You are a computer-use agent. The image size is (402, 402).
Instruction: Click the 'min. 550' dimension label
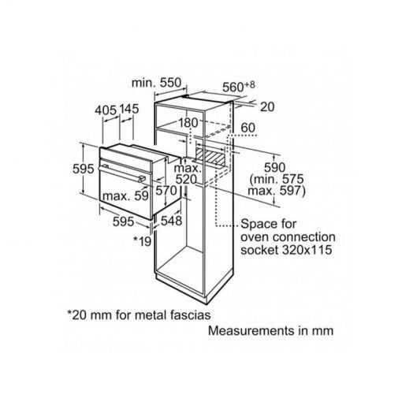click(x=156, y=83)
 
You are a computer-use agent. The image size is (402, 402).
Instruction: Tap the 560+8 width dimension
click(x=239, y=87)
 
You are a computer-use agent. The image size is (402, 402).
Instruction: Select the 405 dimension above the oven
click(x=106, y=110)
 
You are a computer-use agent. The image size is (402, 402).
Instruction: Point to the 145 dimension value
click(x=129, y=109)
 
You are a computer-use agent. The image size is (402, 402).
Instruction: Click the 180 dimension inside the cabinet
click(x=188, y=123)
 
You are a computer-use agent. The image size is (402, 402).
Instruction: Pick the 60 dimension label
click(x=248, y=128)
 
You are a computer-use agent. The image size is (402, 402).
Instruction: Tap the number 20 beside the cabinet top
click(x=267, y=106)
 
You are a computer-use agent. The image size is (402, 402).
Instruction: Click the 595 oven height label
click(x=83, y=169)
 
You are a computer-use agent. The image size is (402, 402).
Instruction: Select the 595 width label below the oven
click(x=123, y=221)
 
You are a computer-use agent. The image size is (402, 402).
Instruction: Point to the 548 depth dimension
click(x=171, y=221)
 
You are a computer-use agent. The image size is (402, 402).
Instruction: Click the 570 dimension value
click(x=166, y=190)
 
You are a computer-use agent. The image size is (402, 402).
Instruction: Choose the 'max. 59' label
click(x=125, y=195)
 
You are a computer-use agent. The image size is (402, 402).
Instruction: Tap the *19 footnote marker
click(x=142, y=241)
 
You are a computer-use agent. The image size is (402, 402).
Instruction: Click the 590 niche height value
click(x=274, y=167)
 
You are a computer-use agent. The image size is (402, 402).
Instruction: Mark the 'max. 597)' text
click(x=277, y=191)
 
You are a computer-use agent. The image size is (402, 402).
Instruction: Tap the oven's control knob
click(x=142, y=179)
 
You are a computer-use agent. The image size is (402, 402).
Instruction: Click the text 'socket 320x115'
click(x=286, y=250)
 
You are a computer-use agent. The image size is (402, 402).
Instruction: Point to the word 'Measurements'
click(x=251, y=330)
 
